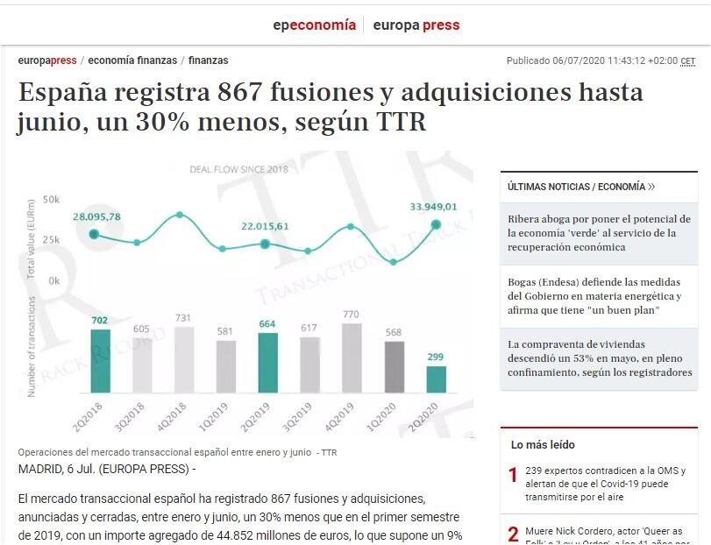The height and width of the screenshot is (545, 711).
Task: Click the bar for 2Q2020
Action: pyautogui.click(x=436, y=379)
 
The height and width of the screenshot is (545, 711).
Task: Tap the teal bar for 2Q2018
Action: pyautogui.click(x=101, y=360)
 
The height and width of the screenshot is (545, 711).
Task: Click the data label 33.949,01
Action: pyautogui.click(x=433, y=207)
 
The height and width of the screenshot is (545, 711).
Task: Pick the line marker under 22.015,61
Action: pyautogui.click(x=265, y=244)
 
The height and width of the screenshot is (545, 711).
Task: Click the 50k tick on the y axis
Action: pyautogui.click(x=51, y=200)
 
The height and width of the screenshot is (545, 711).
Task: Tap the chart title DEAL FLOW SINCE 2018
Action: pyautogui.click(x=238, y=169)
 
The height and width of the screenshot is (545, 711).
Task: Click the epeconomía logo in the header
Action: pyautogui.click(x=314, y=25)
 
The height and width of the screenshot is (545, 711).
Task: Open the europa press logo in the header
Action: pyautogui.click(x=416, y=25)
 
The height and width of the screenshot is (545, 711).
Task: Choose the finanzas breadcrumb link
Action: pyautogui.click(x=208, y=60)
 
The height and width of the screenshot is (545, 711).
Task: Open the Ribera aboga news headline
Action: pyautogui.click(x=599, y=233)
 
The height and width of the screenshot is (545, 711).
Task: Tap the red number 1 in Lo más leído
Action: pyautogui.click(x=513, y=476)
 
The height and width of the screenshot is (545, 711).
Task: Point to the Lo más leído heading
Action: pyautogui.click(x=543, y=445)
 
